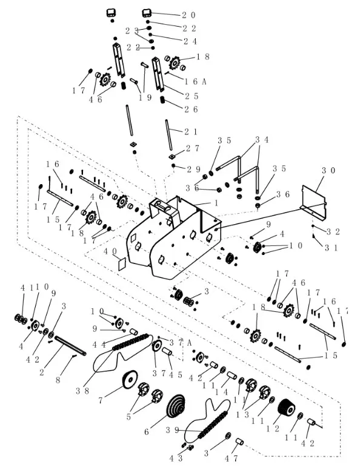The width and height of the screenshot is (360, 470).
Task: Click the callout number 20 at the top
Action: (x=188, y=15)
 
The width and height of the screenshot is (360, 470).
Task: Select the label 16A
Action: (x=195, y=82)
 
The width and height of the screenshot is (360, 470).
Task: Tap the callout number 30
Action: (x=329, y=171)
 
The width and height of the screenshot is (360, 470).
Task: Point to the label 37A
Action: (x=181, y=343)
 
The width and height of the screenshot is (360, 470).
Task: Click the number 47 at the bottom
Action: (x=232, y=458)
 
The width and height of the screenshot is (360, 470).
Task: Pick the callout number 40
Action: (x=110, y=251)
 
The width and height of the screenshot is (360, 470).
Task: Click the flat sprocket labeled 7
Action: (x=130, y=380)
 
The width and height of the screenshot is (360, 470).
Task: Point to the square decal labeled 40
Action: (x=121, y=263)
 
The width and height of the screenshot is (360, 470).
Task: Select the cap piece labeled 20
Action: (x=147, y=13)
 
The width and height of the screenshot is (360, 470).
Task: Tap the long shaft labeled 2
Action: (x=70, y=345)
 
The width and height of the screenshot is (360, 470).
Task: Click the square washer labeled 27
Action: (x=172, y=156)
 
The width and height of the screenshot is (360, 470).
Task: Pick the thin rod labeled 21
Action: (x=169, y=134)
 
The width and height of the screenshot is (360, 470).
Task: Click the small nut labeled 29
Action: (x=173, y=165)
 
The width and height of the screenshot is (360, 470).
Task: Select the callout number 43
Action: (x=176, y=458)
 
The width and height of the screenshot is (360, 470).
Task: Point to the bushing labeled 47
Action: (x=239, y=442)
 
